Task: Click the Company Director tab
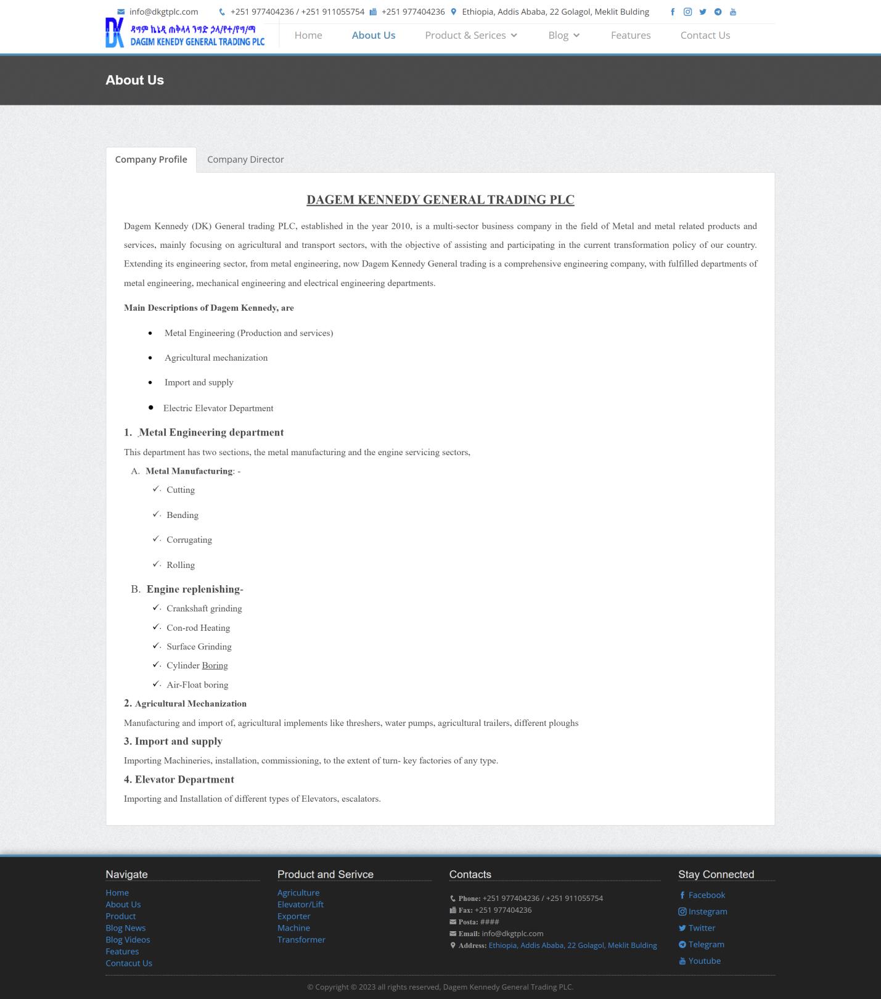click(245, 160)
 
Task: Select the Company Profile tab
click(151, 160)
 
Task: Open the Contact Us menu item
click(705, 36)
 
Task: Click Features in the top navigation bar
click(630, 36)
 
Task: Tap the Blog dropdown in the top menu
click(563, 36)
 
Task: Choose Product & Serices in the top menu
click(470, 36)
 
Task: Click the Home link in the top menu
click(308, 36)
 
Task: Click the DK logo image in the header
click(115, 33)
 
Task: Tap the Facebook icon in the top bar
click(673, 12)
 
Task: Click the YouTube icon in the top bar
click(733, 12)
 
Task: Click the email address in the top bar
click(163, 12)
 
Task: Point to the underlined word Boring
click(215, 666)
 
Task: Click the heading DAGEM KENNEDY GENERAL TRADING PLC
click(440, 200)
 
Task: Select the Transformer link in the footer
click(301, 940)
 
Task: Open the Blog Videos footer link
click(128, 940)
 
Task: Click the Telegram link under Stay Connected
click(706, 945)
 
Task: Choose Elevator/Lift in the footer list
click(300, 905)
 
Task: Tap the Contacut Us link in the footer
click(129, 963)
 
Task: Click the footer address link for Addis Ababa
click(572, 945)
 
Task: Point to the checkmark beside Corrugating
click(156, 539)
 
